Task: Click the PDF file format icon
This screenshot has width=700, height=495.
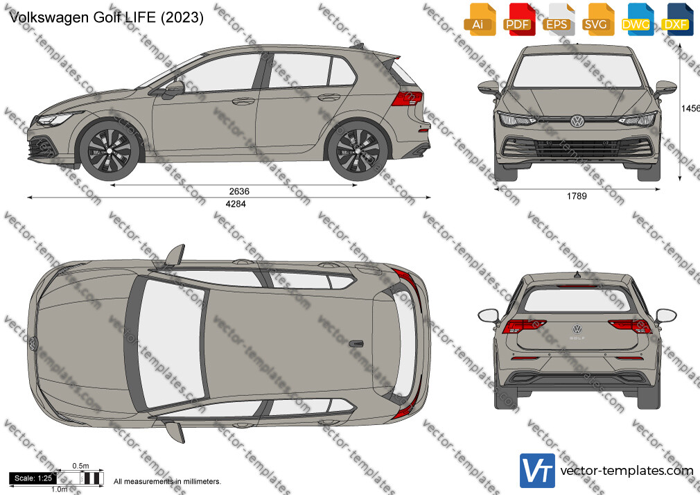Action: (518, 19)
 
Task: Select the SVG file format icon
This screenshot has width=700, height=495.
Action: (597, 19)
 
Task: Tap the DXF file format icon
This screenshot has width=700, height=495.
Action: (677, 19)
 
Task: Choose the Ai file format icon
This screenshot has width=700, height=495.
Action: (479, 19)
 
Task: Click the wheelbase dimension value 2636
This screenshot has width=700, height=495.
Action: (239, 191)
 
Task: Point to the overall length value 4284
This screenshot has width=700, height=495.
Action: (236, 204)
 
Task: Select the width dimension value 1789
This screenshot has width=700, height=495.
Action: (577, 196)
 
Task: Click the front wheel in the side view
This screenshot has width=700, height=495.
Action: (110, 150)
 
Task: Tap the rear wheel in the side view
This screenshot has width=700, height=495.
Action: (358, 150)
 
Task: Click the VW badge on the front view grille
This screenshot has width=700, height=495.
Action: (577, 121)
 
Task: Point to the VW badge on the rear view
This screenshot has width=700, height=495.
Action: (577, 329)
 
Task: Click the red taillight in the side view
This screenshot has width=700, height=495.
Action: (407, 98)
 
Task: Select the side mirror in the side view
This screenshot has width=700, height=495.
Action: (175, 88)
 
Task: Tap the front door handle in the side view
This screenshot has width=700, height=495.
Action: (243, 101)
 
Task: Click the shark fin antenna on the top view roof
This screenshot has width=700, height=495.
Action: (356, 344)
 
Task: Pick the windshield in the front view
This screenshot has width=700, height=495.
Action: (577, 71)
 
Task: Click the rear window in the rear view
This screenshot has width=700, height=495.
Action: (577, 299)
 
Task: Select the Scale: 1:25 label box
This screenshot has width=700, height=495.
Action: (33, 478)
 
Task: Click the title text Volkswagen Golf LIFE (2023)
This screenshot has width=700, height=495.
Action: (106, 17)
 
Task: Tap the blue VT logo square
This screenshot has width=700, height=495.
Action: (538, 471)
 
